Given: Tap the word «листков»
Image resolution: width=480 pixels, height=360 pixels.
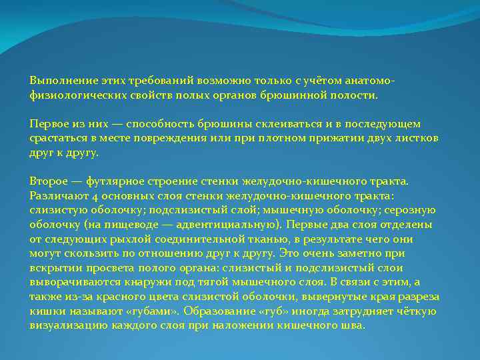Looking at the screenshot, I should [x=413, y=138].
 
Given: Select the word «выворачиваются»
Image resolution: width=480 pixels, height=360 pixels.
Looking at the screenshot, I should [x=74, y=283].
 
